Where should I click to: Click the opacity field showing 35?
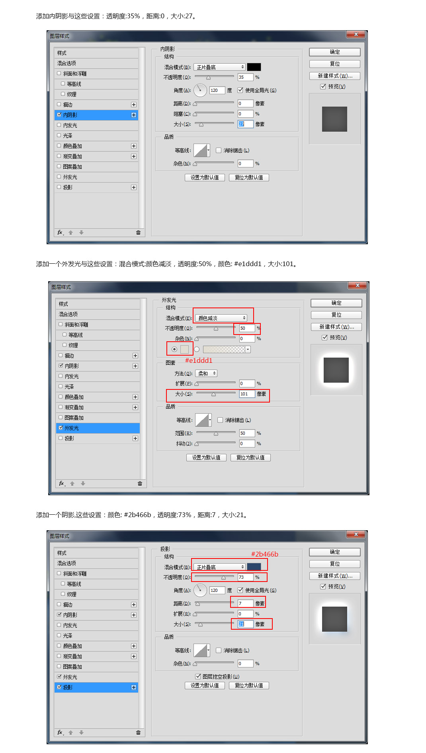click(245, 77)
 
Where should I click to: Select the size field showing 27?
click(245, 124)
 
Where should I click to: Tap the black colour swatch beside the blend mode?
click(254, 67)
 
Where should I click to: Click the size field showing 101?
click(247, 394)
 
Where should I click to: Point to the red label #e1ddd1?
click(199, 360)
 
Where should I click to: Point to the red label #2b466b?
click(265, 554)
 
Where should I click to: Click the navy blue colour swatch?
click(254, 567)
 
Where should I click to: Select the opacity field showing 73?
click(245, 577)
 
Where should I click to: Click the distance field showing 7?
click(245, 603)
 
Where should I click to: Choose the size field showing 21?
click(245, 624)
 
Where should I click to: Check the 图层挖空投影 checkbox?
click(198, 676)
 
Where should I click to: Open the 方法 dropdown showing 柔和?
click(206, 374)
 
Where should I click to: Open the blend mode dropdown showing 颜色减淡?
click(221, 318)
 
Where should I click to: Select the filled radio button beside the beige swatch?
click(174, 349)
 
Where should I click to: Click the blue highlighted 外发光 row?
click(98, 428)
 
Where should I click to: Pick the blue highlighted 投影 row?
click(96, 687)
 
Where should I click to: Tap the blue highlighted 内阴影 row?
click(96, 115)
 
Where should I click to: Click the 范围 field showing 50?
click(247, 433)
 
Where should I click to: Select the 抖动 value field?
click(247, 444)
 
